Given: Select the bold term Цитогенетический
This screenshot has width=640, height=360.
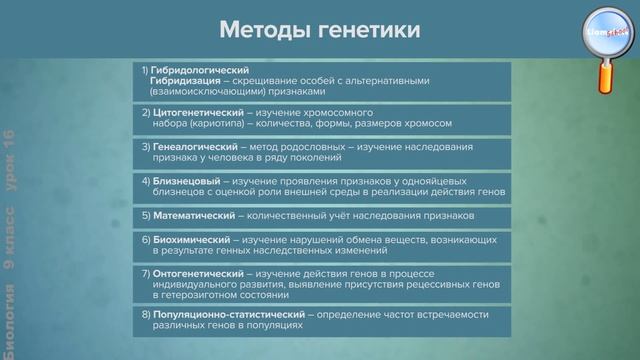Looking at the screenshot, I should (196, 112).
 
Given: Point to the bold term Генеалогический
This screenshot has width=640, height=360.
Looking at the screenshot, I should (194, 145).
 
